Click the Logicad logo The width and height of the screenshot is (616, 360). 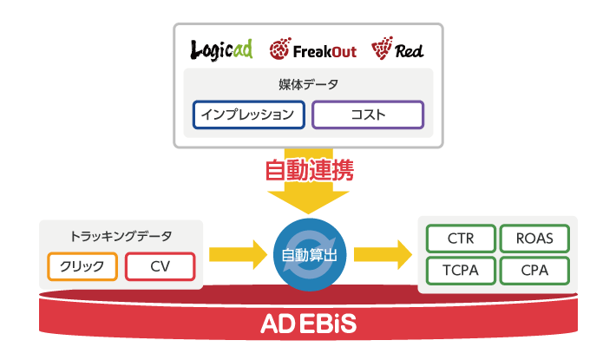pos(221,49)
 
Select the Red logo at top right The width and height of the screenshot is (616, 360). pos(398,50)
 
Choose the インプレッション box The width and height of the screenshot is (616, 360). pos(249,115)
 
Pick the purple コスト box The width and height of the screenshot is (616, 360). pos(368,115)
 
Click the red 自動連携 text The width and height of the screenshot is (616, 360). pos(308,168)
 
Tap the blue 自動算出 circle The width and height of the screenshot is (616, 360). pos(309,255)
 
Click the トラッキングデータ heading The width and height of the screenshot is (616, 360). pos(121,236)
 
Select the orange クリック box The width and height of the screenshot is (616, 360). pos(82,266)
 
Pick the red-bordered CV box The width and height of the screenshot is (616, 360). pos(160,266)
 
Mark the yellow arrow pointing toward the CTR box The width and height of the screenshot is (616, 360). pos(382,255)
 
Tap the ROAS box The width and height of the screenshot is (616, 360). pos(534,238)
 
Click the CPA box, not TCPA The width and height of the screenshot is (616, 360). pos(534,270)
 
